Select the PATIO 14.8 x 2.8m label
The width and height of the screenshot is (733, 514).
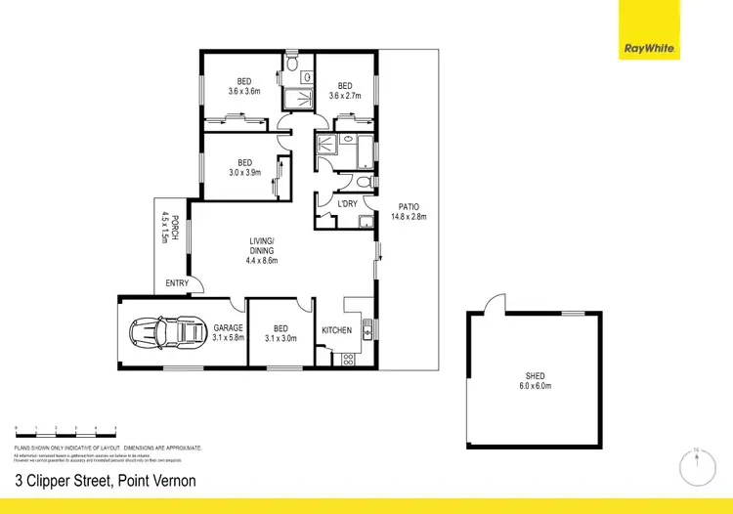409,212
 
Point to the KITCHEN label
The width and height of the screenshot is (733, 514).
337,330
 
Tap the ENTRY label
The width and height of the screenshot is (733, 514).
178,283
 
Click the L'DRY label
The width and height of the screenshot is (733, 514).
348,204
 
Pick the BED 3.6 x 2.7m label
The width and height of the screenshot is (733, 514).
345,91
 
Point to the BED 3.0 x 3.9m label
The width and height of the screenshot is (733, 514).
244,167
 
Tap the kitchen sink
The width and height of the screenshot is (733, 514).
366,330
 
